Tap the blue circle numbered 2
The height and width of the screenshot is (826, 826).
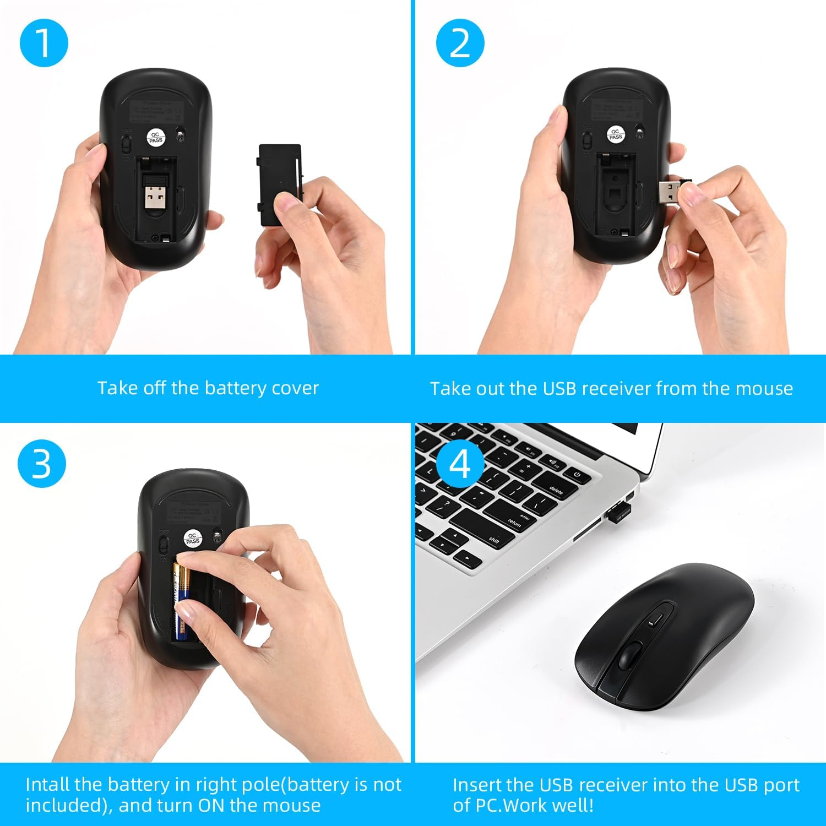pos(460,43)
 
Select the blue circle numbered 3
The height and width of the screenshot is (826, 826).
pos(41,464)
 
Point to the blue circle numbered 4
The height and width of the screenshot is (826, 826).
pos(460,464)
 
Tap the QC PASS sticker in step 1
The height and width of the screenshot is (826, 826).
pos(156,138)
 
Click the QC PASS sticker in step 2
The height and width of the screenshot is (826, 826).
pos(616,134)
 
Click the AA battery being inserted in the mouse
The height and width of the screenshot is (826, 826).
pos(181,603)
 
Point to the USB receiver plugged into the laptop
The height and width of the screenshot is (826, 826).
pos(619,512)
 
